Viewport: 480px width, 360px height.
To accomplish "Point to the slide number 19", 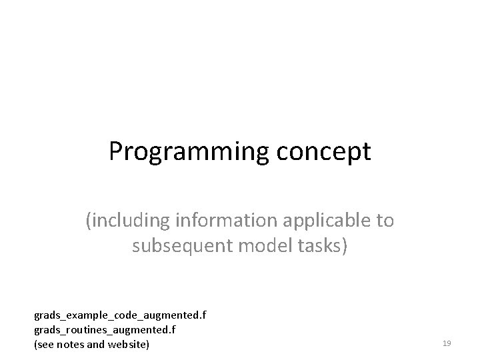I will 447,343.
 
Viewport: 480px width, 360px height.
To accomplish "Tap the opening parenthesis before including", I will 88,221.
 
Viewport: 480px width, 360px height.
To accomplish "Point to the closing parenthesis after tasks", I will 345,247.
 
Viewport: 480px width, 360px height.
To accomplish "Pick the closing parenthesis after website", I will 148,345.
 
